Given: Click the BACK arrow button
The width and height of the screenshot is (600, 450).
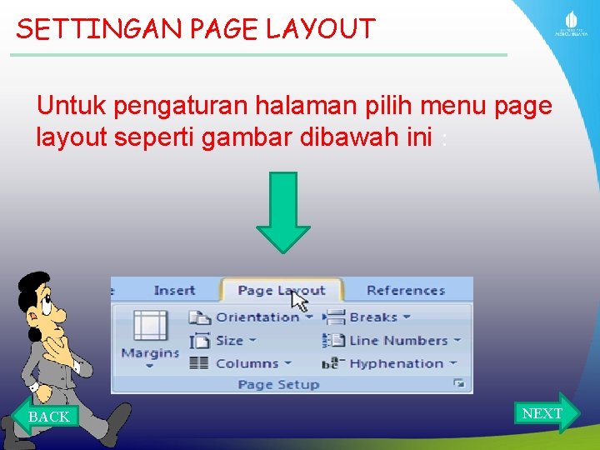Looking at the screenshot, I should [x=47, y=415].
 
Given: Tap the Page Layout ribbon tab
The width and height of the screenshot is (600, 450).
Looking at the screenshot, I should [x=281, y=291].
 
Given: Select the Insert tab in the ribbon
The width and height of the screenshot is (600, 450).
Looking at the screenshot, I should [x=174, y=291].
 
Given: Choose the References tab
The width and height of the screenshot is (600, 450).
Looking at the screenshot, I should [x=406, y=291].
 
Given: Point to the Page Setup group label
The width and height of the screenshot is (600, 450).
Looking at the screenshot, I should [x=278, y=384].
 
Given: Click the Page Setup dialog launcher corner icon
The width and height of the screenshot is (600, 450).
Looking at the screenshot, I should [x=458, y=383].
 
